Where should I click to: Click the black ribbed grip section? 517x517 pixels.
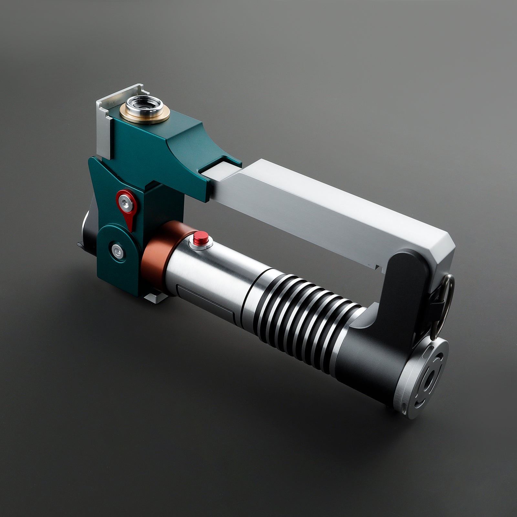click(301, 310)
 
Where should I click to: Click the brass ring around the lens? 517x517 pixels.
click(129, 113)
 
